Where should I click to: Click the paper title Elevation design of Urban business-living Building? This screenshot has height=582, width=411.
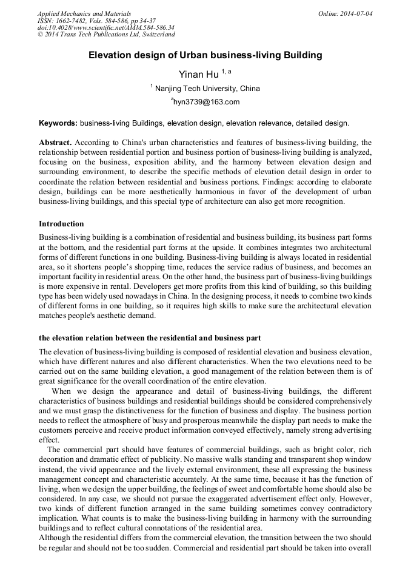pos(205,55)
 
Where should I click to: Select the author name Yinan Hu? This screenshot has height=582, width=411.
pos(198,75)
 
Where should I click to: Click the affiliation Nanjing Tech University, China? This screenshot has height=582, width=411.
pos(207,89)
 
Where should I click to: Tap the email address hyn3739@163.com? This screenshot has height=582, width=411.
pos(207,102)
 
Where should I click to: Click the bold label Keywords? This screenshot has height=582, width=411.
pos(58,123)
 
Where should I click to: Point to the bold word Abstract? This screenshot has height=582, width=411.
pos(55,142)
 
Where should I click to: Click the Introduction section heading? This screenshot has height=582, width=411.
pos(61,224)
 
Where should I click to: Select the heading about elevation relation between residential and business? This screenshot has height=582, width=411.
pos(150,338)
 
